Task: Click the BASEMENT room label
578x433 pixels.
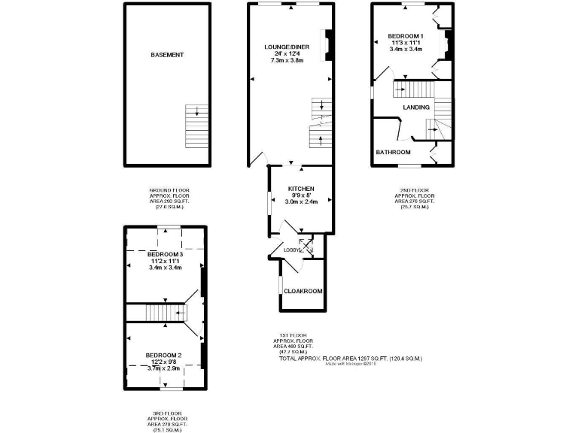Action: pos(167,55)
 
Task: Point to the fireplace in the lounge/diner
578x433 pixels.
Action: pos(327,44)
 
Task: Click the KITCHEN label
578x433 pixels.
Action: pos(300,188)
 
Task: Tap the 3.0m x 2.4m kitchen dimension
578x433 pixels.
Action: pos(300,201)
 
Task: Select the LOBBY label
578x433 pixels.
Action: pos(292,250)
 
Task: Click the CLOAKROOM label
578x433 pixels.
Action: pos(303,291)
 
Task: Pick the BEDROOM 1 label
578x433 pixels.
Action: pos(406,36)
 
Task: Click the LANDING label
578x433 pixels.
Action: pos(416,107)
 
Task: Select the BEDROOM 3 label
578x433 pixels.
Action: pos(166,254)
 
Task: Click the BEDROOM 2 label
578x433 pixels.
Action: pos(163,355)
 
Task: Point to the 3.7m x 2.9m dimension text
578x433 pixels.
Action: pos(163,368)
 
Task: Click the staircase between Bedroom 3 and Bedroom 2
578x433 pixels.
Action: pos(158,313)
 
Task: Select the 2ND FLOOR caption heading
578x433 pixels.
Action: pos(412,192)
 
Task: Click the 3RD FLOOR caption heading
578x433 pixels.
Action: pos(164,413)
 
